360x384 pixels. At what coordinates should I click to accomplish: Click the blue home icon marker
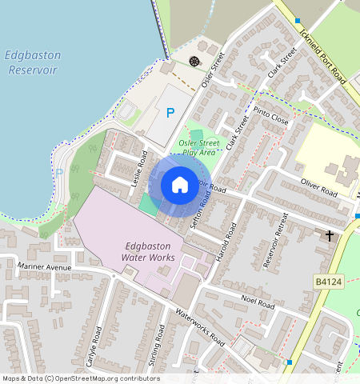pos(180,185)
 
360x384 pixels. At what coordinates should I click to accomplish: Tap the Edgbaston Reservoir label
pos(31,62)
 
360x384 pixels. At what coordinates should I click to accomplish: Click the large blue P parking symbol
pos(170,114)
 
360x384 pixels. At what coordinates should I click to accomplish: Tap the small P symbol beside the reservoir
pos(59,171)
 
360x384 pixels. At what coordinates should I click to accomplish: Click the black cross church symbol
pos(329,236)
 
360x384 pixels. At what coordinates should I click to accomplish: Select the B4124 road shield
pos(328,282)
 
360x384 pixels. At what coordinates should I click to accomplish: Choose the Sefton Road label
pos(202,214)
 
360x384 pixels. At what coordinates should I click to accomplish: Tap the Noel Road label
pos(257,302)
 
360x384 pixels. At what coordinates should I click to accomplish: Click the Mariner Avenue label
pos(46,267)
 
